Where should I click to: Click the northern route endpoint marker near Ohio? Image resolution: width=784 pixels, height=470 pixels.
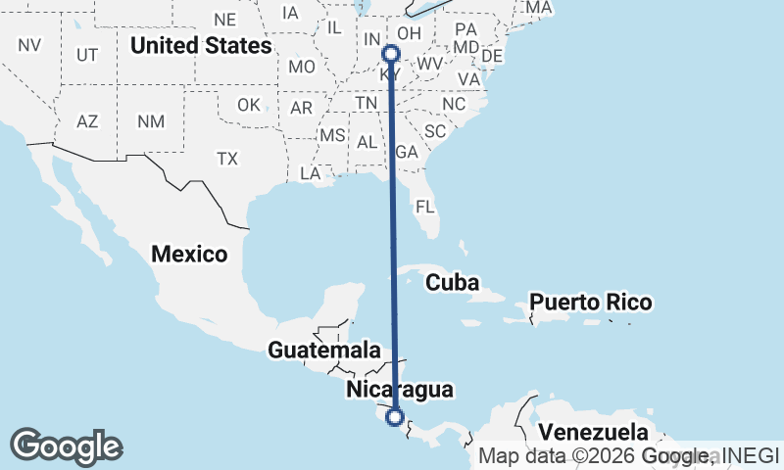[x=391, y=54]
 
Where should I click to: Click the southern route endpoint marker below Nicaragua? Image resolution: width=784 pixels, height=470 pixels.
[x=395, y=417]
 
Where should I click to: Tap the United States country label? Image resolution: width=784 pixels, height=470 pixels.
[x=201, y=45]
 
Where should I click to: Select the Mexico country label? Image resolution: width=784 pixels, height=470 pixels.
[x=189, y=255]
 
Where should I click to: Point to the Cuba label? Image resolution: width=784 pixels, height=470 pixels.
[x=452, y=283]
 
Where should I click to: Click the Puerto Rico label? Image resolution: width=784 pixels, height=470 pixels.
[x=591, y=302]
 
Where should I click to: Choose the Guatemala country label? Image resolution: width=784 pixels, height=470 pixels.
[x=323, y=350]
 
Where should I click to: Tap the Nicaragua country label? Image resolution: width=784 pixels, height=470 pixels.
[x=400, y=390]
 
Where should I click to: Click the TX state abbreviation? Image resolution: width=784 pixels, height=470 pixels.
[x=227, y=159]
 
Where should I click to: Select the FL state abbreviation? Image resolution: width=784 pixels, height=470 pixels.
[x=424, y=207]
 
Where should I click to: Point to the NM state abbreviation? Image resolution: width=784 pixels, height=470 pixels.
[x=150, y=121]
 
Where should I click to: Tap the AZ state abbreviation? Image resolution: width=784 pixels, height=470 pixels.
[x=88, y=121]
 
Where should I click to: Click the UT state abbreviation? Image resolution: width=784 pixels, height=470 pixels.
[x=87, y=55]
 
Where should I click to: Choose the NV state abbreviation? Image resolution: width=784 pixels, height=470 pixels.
[x=29, y=44]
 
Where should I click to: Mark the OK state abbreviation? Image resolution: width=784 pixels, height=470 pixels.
[x=249, y=105]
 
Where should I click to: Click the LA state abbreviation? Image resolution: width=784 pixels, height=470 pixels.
[x=311, y=173]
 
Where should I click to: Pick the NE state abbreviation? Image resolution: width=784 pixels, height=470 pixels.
[x=225, y=20]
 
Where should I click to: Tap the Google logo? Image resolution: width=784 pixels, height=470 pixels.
[x=66, y=446]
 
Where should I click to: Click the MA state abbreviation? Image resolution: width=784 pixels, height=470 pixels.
[x=539, y=8]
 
